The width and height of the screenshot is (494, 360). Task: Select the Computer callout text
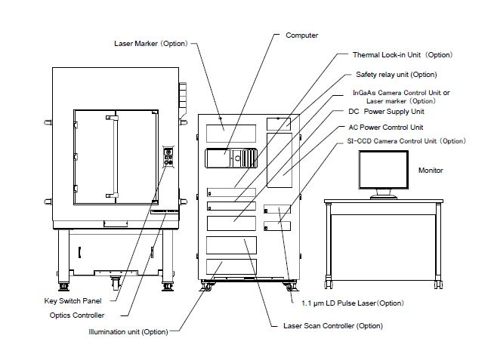[x=301, y=35]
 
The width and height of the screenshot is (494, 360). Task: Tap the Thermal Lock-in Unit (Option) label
[x=402, y=55]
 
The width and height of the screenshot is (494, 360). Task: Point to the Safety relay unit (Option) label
[x=396, y=75]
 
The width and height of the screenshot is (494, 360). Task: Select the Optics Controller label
[x=76, y=315]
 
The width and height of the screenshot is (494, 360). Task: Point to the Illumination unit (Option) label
[x=128, y=331]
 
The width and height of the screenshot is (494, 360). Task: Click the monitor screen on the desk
[x=383, y=171]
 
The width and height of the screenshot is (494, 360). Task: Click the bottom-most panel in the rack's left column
[x=230, y=266]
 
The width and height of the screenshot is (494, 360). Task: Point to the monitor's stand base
[x=384, y=198]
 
